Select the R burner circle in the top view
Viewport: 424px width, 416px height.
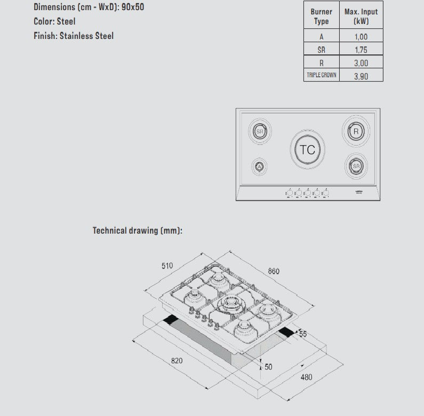(356, 131)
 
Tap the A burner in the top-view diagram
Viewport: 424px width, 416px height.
(259, 167)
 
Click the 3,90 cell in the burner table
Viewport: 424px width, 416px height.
(361, 76)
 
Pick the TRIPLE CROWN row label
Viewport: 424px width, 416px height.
(322, 75)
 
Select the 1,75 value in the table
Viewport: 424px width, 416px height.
(361, 50)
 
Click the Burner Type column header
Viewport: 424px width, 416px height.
(322, 17)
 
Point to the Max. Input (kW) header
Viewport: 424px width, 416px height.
(361, 17)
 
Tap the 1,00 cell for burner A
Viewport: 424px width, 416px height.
(361, 37)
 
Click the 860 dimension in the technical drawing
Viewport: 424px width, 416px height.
(274, 271)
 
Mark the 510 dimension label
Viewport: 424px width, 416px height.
(167, 265)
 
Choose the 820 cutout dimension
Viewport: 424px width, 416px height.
(177, 361)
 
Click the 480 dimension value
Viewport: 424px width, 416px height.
(306, 377)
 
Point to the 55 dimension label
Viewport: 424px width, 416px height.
(303, 334)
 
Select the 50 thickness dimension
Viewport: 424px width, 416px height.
(268, 367)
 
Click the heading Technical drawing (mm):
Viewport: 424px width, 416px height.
(138, 230)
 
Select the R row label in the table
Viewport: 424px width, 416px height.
(322, 62)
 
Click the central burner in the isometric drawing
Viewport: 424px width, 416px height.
(230, 304)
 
